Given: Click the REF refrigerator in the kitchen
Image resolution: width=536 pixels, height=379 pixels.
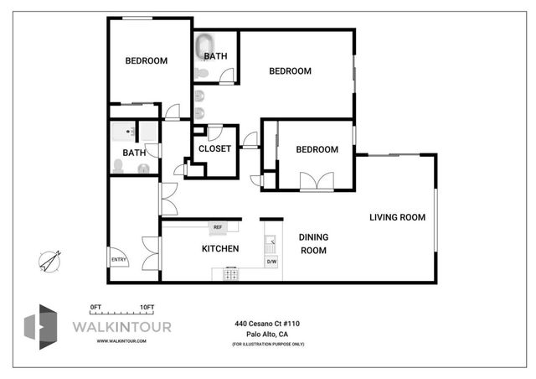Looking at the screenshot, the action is tap(218, 228).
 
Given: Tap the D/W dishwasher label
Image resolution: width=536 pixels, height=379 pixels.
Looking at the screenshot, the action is tap(271, 262).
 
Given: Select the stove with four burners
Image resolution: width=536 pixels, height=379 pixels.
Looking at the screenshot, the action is tap(231, 273).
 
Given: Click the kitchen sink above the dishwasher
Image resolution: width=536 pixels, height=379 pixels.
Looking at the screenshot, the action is tap(271, 244).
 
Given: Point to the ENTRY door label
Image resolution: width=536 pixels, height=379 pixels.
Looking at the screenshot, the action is tap(119, 260).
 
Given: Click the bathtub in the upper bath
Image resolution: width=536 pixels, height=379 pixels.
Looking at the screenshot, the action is tap(204, 47).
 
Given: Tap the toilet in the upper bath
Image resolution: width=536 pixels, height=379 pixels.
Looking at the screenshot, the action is tap(202, 73).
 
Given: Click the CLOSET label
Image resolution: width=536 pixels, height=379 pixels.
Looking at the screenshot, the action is tap(214, 149).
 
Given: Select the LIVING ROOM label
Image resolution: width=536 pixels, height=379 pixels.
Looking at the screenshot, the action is tap(397, 217).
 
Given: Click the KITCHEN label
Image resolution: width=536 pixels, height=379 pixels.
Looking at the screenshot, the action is tap(220, 248).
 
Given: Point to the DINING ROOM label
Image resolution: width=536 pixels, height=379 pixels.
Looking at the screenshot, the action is tap(313, 244).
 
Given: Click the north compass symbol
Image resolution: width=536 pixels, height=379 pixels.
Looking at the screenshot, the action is tap(50, 262).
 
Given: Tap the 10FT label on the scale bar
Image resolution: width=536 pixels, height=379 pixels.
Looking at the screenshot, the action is tap(147, 308).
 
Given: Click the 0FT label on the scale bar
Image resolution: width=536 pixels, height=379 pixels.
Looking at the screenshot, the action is tap(95, 308).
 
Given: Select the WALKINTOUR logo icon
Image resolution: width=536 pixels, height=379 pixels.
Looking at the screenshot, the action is tap(41, 327).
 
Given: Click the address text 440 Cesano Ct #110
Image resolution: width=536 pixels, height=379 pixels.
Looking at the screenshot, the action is tap(267, 324).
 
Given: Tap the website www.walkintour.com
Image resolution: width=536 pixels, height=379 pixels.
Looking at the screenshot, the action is tap(121, 341).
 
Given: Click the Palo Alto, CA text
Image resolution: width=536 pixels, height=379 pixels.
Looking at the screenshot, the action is tap(267, 335).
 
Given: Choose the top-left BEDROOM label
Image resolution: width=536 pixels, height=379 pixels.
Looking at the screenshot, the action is tap(147, 61).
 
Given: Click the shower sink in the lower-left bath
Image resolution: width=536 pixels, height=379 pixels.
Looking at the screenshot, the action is tap(123, 132).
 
